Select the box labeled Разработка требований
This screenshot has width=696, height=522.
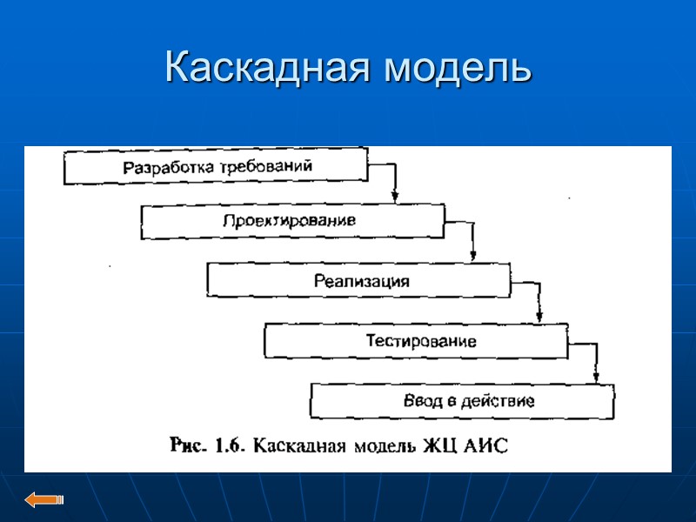point(216,166)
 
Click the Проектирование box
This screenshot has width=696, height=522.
point(292,221)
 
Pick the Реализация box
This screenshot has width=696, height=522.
point(358,281)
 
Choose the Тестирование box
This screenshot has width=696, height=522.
point(417,340)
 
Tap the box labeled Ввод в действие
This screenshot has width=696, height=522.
point(462,401)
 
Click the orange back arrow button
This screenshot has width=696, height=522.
point(44,499)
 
